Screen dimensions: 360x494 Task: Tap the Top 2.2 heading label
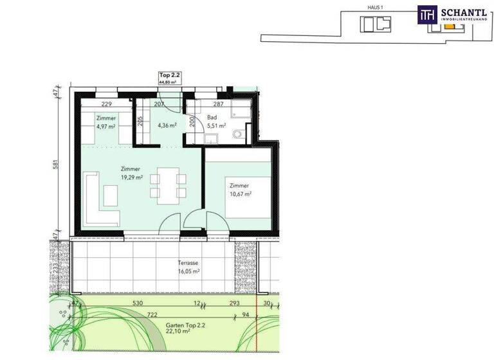pyautogui.click(x=170, y=76)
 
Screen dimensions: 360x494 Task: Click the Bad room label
pyautogui.click(x=212, y=118)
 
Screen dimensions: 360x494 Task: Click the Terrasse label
pyautogui.click(x=188, y=263)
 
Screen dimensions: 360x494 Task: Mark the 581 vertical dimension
pyautogui.click(x=56, y=165)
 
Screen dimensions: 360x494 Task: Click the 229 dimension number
pyautogui.click(x=106, y=104)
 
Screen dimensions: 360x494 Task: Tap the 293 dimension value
pyautogui.click(x=235, y=303)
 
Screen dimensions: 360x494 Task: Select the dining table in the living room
pyautogui.click(x=168, y=183)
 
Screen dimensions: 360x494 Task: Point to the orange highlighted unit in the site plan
pyautogui.click(x=448, y=26)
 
